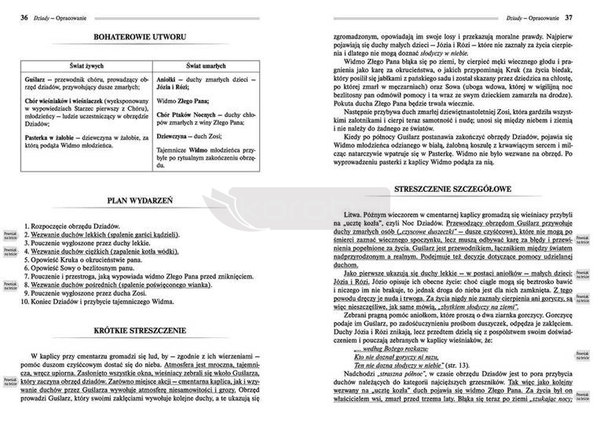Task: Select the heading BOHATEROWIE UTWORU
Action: [x=139, y=37]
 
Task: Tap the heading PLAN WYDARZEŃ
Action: [x=139, y=202]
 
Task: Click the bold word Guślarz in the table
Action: [x=38, y=80]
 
